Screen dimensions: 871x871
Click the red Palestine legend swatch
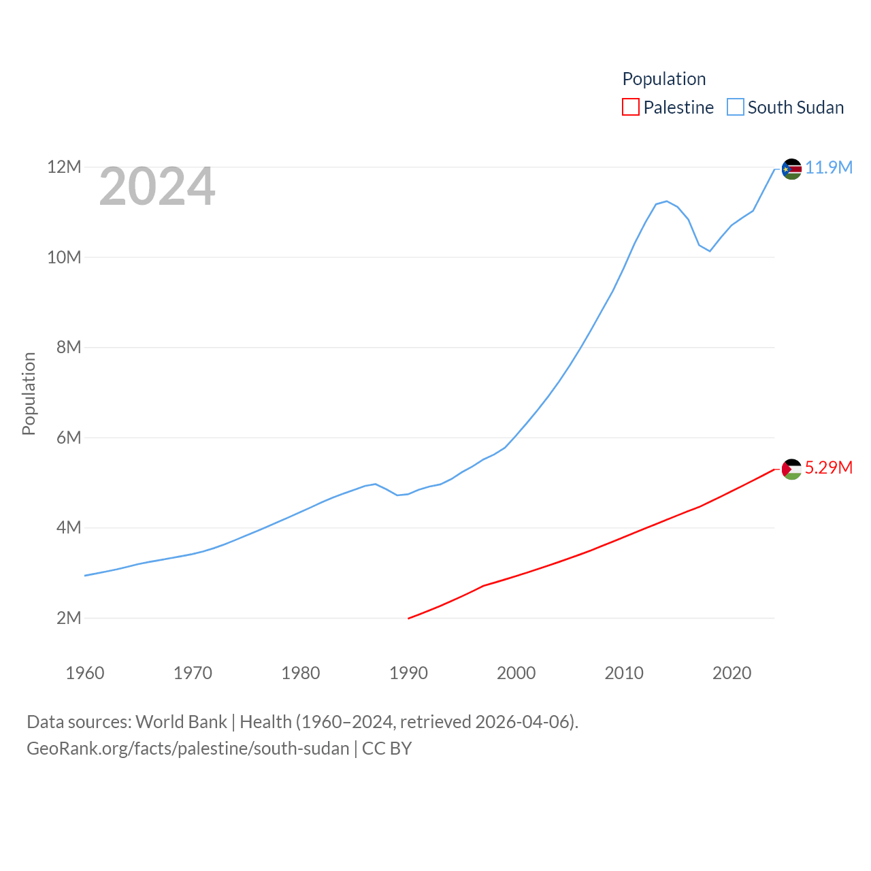[x=631, y=108]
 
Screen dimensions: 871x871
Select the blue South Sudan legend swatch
[x=736, y=108]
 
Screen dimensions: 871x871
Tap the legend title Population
[x=664, y=79]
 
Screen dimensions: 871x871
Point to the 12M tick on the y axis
[x=64, y=167]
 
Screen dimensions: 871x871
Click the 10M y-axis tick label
[x=64, y=257]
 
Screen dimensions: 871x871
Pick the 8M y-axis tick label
[x=69, y=347]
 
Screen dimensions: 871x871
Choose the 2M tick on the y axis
[x=69, y=618]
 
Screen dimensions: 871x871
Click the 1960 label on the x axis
[x=85, y=673]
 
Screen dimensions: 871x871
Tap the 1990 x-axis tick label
[x=408, y=673]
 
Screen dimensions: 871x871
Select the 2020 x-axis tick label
[x=732, y=673]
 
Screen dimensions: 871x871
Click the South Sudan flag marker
[x=791, y=169]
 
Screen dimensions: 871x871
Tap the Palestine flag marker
[x=791, y=469]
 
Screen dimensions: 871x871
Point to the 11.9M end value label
[x=829, y=167]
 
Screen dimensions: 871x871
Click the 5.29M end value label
[x=829, y=467]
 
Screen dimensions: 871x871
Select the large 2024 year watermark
[x=157, y=186]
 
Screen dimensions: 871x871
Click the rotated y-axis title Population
[x=29, y=393]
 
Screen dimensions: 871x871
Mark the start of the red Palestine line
[x=408, y=618]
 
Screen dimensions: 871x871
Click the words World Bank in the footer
[x=181, y=721]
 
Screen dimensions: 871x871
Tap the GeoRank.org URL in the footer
[x=188, y=749]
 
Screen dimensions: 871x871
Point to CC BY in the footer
[x=387, y=749]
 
